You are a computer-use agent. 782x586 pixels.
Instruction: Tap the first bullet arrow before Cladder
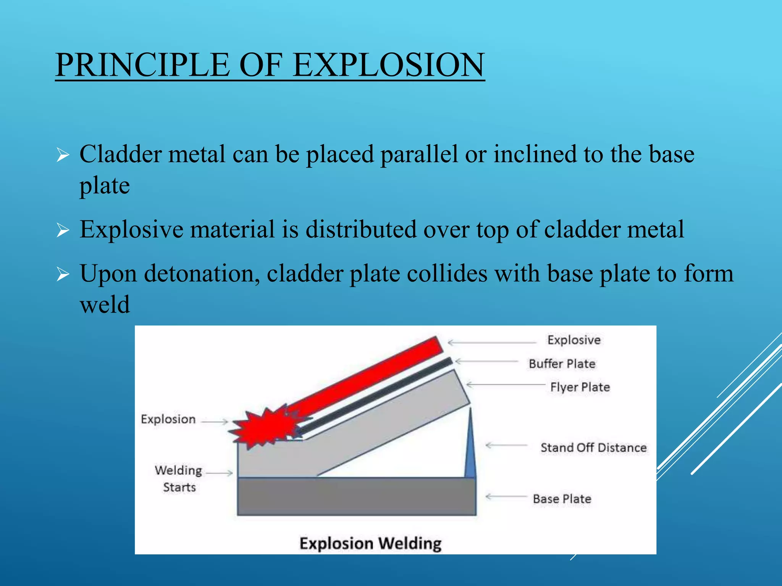pos(63,155)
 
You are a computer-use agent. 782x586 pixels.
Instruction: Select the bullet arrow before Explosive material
pos(63,230)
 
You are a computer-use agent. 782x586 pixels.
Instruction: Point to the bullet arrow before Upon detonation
pos(63,274)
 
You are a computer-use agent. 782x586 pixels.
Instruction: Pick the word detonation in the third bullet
pos(199,274)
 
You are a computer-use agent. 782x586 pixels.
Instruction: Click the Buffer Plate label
pos(562,364)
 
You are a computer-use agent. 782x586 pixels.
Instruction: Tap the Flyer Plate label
pos(580,387)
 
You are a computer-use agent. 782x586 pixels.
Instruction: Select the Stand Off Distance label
pos(593,448)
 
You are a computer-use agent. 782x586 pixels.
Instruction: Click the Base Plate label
pos(562,499)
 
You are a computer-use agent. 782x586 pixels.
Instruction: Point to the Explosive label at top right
pos(574,340)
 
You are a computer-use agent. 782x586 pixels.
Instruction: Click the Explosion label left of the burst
pos(168,419)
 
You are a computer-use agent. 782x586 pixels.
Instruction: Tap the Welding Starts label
pos(179,478)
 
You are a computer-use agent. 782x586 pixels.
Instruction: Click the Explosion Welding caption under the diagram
pos(370,543)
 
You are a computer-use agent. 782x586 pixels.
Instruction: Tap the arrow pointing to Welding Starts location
pos(219,473)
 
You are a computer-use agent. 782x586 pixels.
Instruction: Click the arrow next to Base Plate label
pos(506,497)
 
